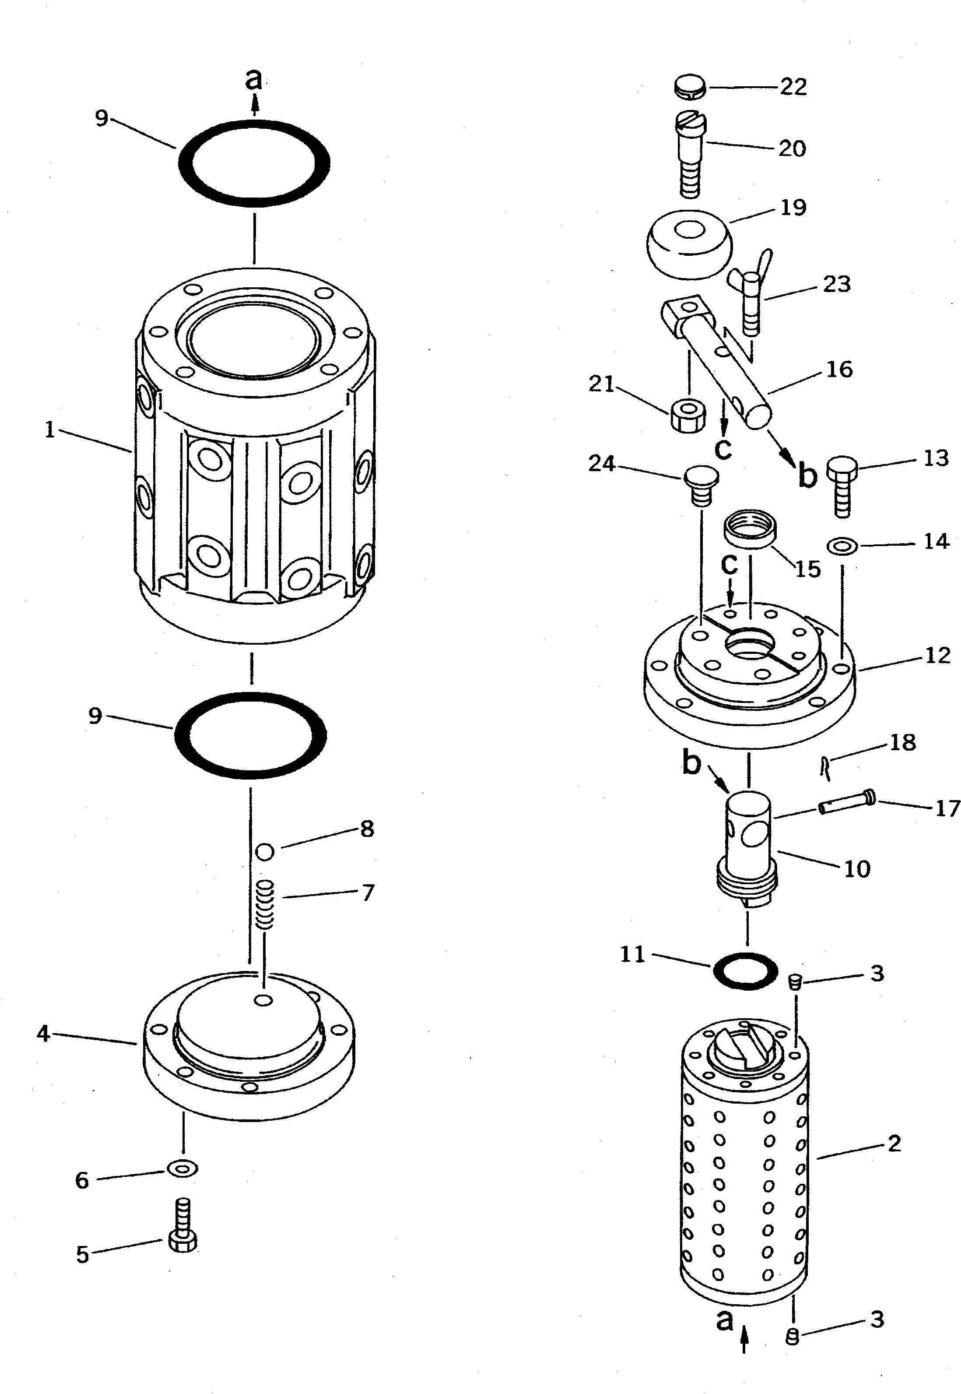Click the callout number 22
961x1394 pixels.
click(x=793, y=87)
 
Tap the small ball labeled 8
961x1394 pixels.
click(x=265, y=851)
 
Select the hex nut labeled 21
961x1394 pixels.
click(x=687, y=414)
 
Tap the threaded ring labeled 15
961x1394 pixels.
click(x=750, y=528)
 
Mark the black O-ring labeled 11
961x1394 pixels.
click(x=745, y=971)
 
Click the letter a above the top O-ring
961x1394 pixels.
click(x=255, y=80)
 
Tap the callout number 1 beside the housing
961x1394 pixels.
click(x=49, y=430)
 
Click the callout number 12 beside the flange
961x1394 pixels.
click(x=937, y=656)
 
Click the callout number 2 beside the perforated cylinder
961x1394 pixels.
click(x=894, y=1143)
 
